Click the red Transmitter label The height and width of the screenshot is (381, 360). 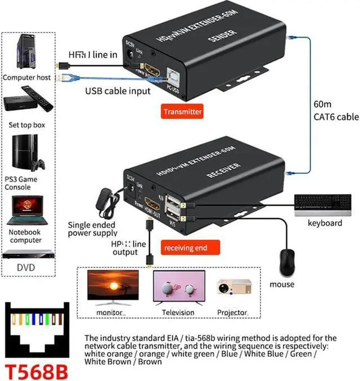coord(182,111)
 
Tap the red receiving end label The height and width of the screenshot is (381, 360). coord(185,248)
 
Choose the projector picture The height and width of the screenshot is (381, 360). coord(232,289)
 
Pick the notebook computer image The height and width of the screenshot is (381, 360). coord(26,209)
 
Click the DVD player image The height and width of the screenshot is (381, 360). coord(26,254)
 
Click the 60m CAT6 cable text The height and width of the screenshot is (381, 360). coord(335,111)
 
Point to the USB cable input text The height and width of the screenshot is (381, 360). coord(118,91)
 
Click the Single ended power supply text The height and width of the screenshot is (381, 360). coord(92,228)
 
